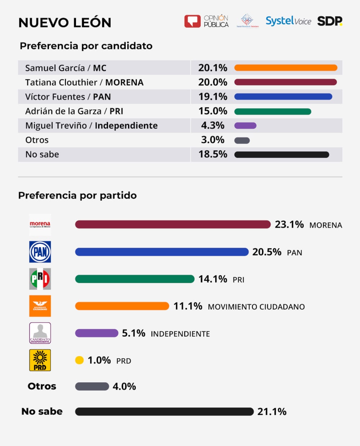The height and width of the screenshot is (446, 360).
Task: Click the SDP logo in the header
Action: [x=329, y=21]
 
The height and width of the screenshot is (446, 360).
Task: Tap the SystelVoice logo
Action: [x=288, y=21]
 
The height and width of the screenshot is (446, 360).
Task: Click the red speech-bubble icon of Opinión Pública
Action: [x=192, y=21]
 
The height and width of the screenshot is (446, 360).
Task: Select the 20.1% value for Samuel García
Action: [x=213, y=68]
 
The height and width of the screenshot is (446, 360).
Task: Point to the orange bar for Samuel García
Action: [x=285, y=68]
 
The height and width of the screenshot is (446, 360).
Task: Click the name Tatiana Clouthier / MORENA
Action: [x=84, y=82]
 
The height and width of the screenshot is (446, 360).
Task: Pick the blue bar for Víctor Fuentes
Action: [x=283, y=97]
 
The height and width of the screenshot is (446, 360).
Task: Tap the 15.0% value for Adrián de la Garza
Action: [x=213, y=111]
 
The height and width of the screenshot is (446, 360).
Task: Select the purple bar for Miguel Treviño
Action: [x=245, y=126]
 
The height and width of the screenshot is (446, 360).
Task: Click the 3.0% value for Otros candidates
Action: [x=213, y=140]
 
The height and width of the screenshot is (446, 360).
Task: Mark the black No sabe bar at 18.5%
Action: [x=282, y=155]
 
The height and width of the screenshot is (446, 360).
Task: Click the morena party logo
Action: [x=40, y=225]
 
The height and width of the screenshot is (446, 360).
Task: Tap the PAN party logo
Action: [x=40, y=252]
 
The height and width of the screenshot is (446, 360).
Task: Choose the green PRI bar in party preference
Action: [x=135, y=279]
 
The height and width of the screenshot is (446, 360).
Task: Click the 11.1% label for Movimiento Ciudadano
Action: [x=188, y=306]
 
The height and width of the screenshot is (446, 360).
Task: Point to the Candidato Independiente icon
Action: [x=40, y=333]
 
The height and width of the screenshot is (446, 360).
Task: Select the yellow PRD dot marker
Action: [x=79, y=360]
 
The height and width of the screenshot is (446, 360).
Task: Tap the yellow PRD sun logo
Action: [x=40, y=360]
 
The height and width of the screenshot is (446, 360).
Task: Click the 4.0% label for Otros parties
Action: [x=124, y=387]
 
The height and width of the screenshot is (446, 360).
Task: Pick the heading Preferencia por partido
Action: [x=77, y=195]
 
